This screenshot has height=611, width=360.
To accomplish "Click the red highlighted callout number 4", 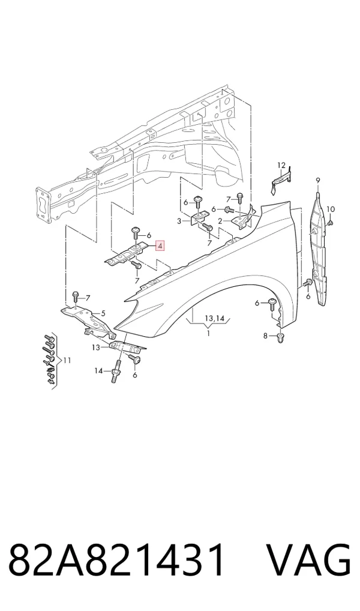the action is click(x=160, y=246).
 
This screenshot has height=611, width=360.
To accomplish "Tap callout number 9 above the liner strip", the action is click(x=317, y=180).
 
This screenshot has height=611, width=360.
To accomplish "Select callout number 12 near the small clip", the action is click(x=281, y=166).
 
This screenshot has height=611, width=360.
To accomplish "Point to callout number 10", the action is click(x=331, y=209).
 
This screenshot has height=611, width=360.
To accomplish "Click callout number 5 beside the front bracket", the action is click(x=103, y=313).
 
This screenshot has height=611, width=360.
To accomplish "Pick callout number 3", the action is click(x=179, y=221).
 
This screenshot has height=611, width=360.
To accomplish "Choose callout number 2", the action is click(x=220, y=221).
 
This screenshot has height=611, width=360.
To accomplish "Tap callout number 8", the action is click(x=265, y=336).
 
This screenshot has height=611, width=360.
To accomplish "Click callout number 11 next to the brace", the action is click(x=67, y=361).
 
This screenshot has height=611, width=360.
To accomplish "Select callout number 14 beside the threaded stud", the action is click(x=99, y=370).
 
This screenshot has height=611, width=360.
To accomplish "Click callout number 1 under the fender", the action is click(x=208, y=334).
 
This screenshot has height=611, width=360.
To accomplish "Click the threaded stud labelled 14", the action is click(x=117, y=372).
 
